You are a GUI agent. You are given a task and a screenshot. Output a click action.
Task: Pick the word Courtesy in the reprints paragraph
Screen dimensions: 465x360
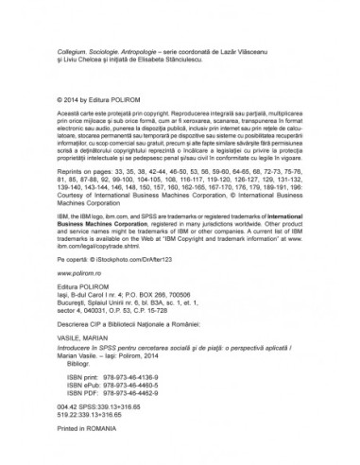(73, 196)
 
